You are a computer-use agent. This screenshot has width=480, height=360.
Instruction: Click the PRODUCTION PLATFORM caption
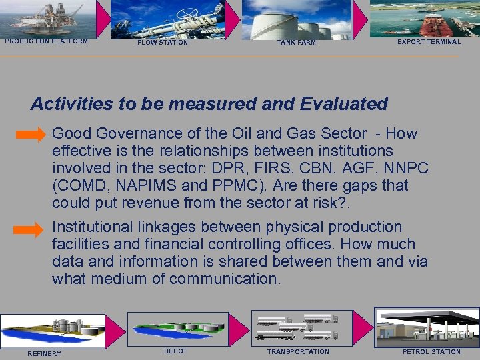tap(46, 41)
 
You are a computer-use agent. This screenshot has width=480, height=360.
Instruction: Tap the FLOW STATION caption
tap(163, 43)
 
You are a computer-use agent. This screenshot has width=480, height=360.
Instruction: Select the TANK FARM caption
tap(296, 43)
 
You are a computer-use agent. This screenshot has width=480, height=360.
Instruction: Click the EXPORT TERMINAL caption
tap(429, 42)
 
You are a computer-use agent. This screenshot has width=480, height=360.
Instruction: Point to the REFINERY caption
tap(44, 353)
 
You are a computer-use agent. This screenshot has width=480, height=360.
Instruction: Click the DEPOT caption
tap(175, 351)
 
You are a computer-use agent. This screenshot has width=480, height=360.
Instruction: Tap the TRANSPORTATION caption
tap(298, 352)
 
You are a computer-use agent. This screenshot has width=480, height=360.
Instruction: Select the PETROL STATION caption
tap(431, 352)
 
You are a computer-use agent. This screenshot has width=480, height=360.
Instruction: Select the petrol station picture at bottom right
tap(427, 327)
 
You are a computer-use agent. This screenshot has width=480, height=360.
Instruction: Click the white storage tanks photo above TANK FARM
tap(296, 19)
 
